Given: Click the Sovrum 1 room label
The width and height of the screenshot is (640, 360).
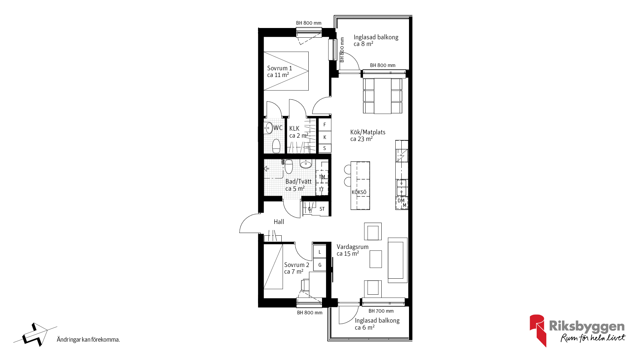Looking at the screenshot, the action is [279, 71].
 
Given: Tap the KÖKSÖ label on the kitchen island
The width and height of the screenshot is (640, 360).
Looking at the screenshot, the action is [359, 192].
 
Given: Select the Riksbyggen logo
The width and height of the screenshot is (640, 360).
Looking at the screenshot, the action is [577, 330].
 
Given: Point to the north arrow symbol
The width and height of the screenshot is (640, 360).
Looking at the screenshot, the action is [35, 335].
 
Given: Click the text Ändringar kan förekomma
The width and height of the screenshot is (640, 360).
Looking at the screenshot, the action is [88, 340].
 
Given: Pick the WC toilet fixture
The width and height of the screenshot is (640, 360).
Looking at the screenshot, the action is [276, 146].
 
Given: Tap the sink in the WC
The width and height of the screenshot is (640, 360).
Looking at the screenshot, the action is [268, 128].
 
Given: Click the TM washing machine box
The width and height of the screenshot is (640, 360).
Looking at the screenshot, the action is [322, 177].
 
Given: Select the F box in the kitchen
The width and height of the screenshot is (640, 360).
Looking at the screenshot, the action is [325, 125].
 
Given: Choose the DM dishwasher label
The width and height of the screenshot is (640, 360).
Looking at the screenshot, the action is [401, 201].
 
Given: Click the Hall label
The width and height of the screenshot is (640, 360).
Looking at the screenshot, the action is [279, 222].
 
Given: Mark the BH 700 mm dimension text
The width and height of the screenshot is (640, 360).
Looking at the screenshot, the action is [381, 311].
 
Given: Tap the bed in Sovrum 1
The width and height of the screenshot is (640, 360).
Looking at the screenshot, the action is [286, 71].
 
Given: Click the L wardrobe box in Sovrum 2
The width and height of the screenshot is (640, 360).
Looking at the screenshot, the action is [320, 252].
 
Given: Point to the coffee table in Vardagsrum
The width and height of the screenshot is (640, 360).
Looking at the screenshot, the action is [376, 259].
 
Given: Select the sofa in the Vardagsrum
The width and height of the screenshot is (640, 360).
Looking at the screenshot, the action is [398, 260].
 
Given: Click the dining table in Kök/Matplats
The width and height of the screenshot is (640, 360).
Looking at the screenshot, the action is [383, 96].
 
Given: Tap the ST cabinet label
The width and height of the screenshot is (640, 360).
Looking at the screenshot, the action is [322, 209].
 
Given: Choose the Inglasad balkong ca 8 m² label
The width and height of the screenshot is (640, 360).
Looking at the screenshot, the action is [376, 40].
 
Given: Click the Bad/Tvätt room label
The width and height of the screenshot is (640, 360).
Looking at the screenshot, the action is [298, 185].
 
